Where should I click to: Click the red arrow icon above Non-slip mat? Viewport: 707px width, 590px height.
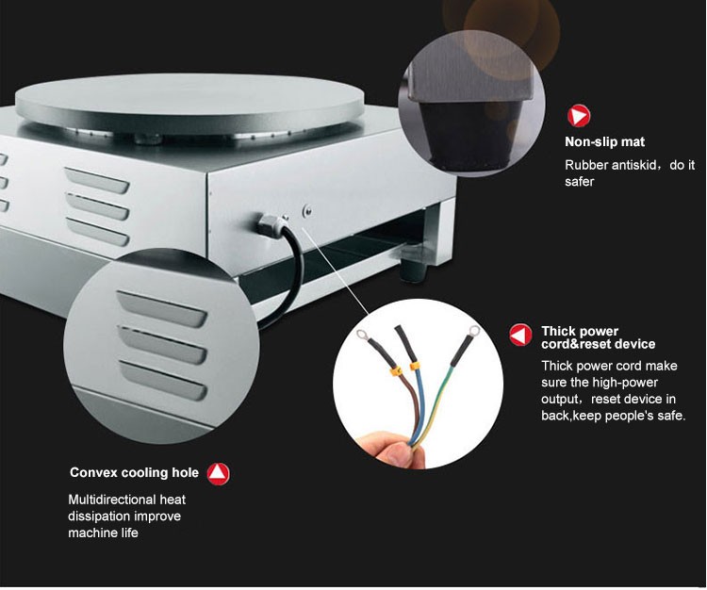coord(578,117)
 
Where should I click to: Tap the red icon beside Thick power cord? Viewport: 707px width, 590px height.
coord(521,335)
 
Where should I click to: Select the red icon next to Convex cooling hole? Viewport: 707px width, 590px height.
coord(219,473)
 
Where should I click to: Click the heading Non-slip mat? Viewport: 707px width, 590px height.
coord(604,143)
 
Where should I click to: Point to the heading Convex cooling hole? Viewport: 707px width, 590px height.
coord(134,473)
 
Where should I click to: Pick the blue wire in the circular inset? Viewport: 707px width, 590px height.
coord(418,401)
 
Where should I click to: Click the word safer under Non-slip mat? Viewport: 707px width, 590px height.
coord(579,182)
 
